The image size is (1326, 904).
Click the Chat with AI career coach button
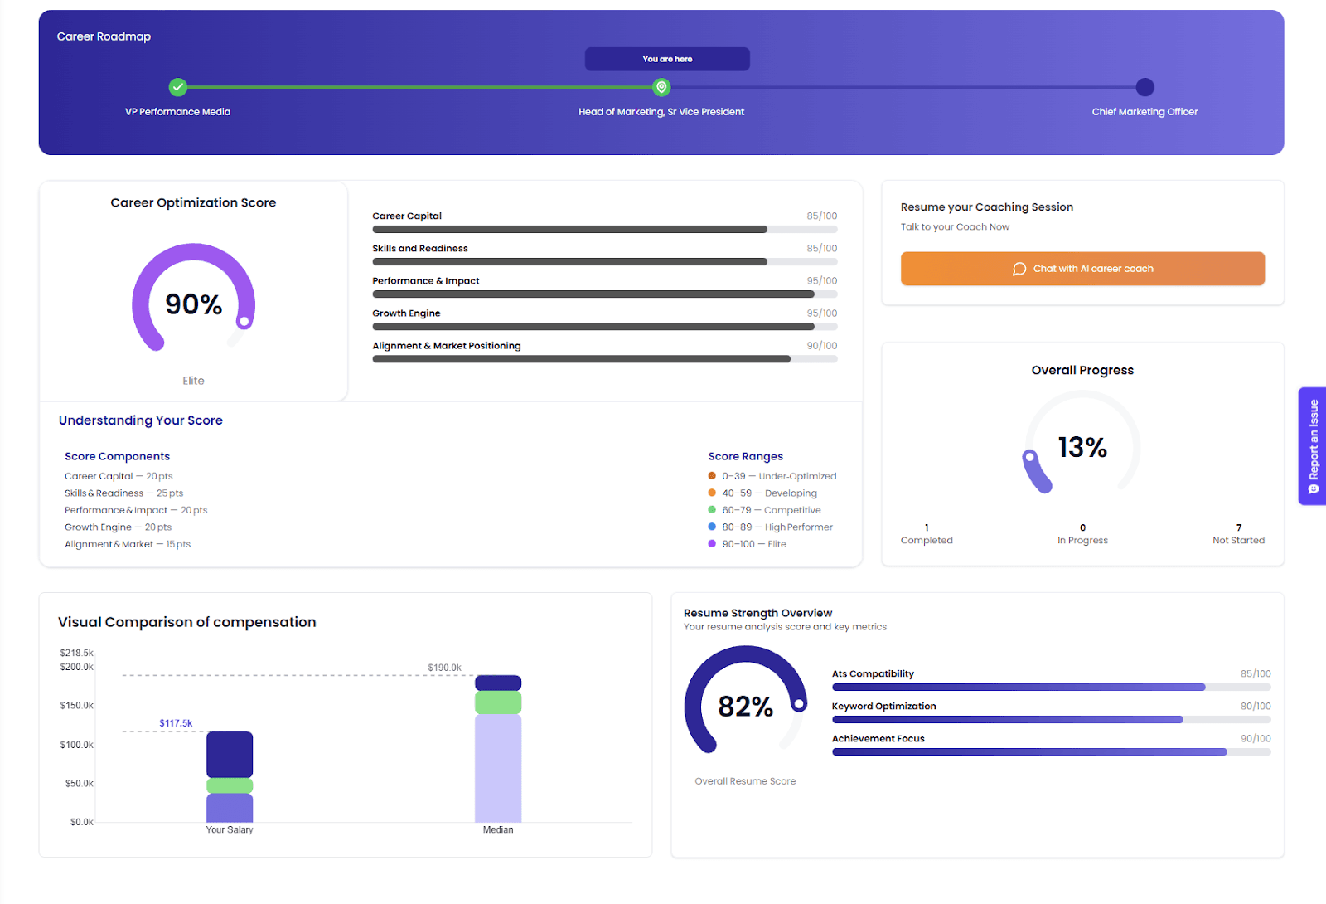click(1082, 269)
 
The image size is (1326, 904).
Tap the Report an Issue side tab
click(1313, 446)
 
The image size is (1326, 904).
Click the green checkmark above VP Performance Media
click(178, 87)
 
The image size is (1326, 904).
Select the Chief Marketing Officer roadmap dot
click(1145, 87)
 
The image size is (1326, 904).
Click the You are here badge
click(667, 59)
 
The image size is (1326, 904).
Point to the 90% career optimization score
click(193, 304)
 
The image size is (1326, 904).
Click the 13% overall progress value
click(1082, 448)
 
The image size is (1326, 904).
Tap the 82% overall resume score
click(745, 707)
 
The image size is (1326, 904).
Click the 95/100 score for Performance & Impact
click(822, 281)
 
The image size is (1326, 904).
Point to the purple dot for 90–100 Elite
click(712, 544)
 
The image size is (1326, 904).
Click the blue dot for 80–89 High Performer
click(712, 527)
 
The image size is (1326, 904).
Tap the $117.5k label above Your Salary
click(176, 723)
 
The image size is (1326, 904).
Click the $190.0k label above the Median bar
click(444, 668)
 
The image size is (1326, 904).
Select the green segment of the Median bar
click(498, 703)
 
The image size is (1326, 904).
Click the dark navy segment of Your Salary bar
click(230, 754)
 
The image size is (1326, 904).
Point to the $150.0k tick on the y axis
click(77, 706)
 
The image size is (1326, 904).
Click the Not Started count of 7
click(1238, 527)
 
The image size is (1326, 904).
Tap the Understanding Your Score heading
click(141, 420)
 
